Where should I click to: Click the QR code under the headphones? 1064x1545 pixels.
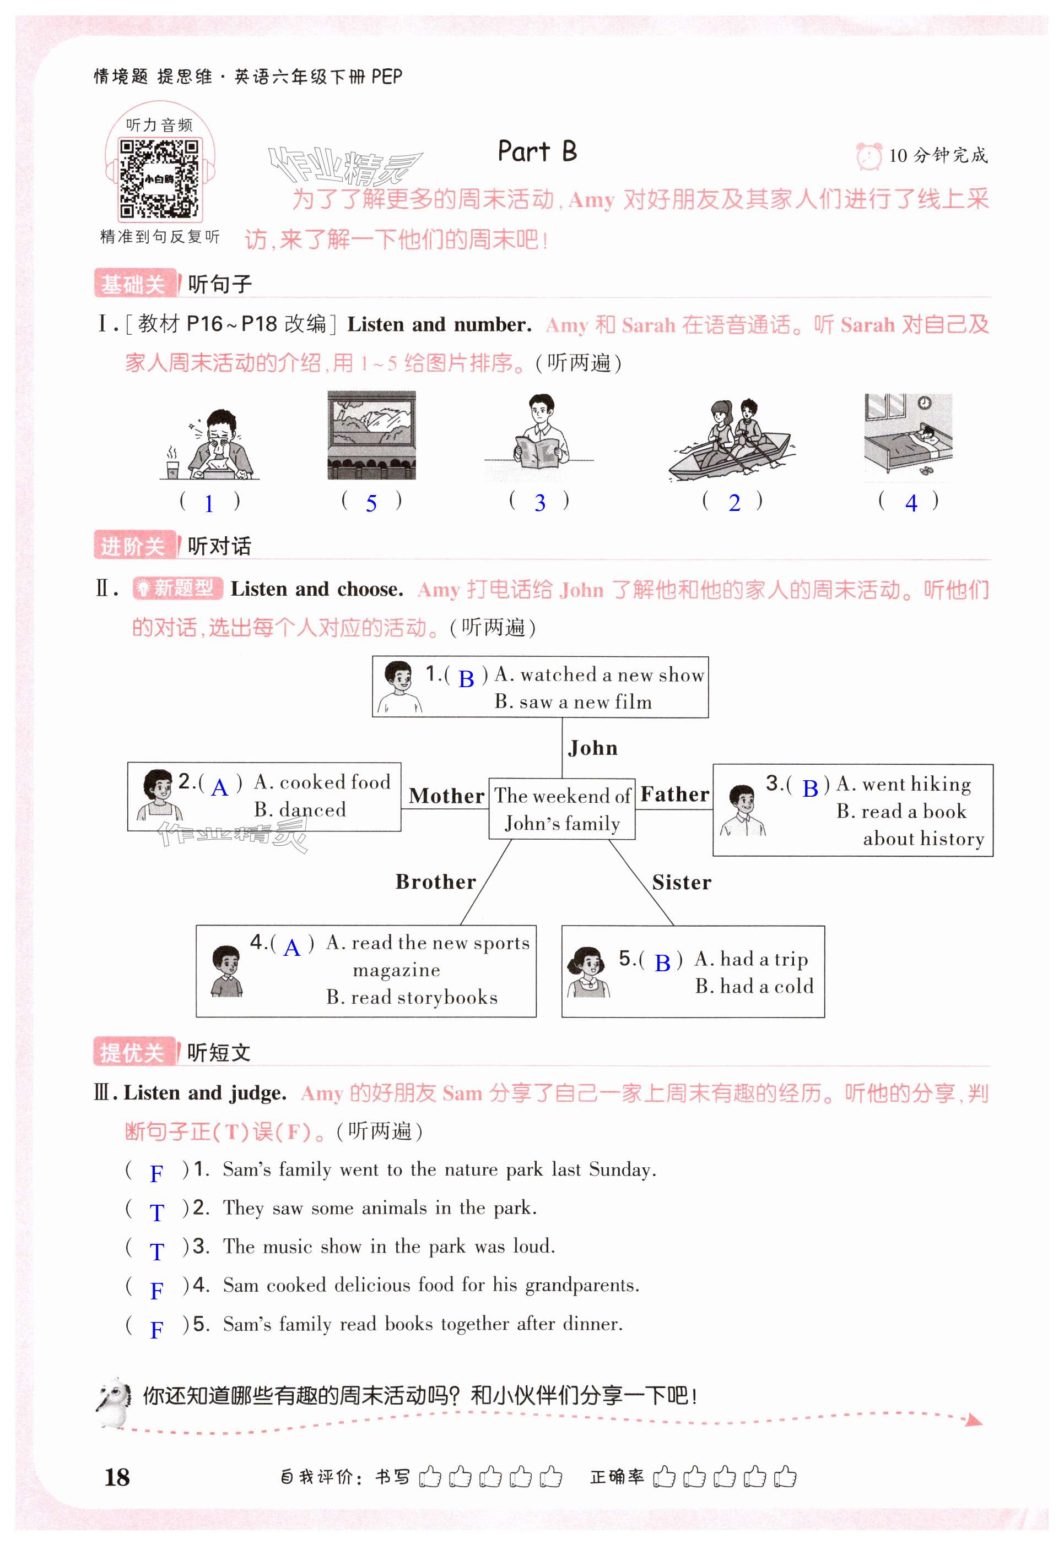[159, 178]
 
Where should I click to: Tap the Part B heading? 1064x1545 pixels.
[537, 152]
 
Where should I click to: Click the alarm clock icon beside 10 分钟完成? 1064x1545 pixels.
[868, 156]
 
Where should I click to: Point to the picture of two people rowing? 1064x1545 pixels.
[732, 440]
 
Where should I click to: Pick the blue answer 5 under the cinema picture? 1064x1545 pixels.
[371, 504]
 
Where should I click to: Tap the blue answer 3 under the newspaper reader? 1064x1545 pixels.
[539, 503]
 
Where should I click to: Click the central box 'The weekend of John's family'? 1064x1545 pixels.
[561, 809]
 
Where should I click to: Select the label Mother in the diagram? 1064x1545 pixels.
[446, 796]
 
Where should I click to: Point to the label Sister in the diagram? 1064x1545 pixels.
[682, 883]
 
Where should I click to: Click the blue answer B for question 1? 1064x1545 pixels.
[466, 679]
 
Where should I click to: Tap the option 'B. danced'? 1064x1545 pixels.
[300, 809]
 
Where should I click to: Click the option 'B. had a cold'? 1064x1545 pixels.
[754, 986]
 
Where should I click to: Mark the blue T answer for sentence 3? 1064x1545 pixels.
[156, 1252]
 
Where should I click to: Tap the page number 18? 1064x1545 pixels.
[117, 1477]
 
